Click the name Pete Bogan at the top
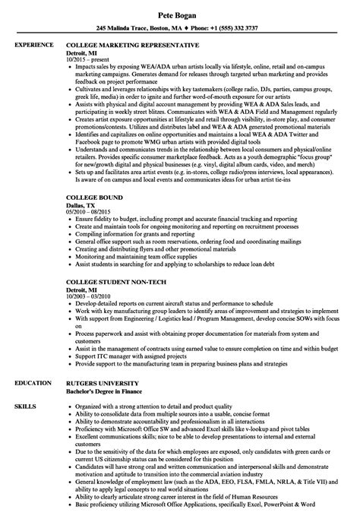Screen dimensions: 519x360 click(x=179, y=14)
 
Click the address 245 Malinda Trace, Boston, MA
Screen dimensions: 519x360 click(x=130, y=30)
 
